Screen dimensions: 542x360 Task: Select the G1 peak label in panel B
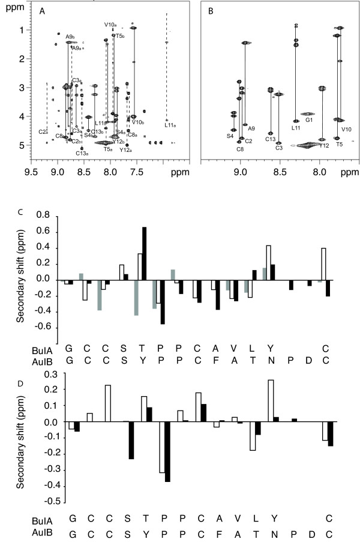pyautogui.click(x=310, y=120)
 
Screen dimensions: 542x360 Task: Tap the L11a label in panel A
pyautogui.click(x=170, y=125)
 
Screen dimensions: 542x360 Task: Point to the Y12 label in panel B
pyautogui.click(x=324, y=145)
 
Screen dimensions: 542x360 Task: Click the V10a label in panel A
pyautogui.click(x=110, y=25)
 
